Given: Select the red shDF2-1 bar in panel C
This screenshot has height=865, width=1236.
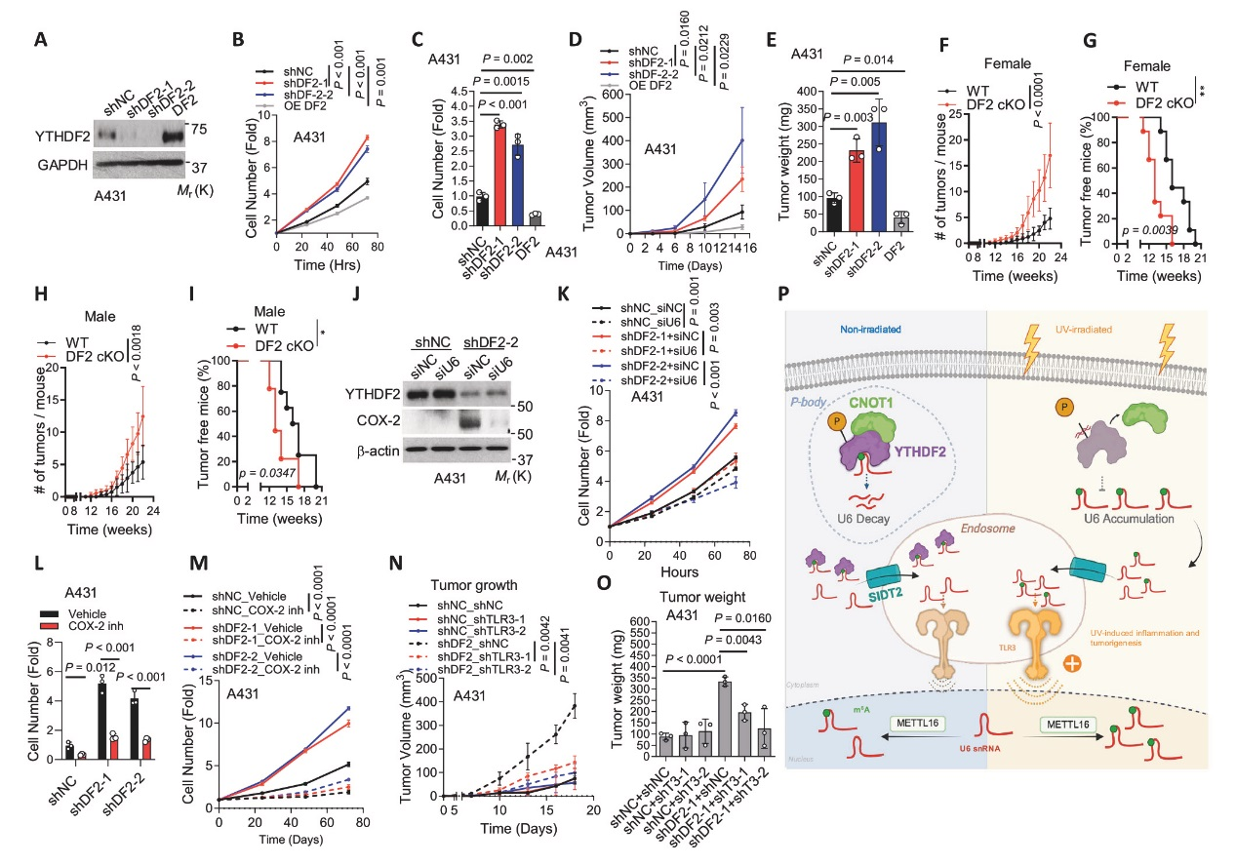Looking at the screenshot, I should (x=472, y=176).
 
